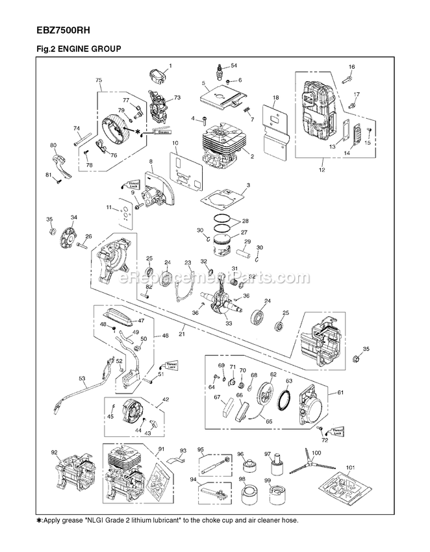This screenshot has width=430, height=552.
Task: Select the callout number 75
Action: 99,80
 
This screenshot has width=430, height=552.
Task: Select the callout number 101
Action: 351,466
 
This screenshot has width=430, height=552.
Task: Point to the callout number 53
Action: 82,377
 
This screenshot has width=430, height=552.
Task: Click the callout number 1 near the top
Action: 170,66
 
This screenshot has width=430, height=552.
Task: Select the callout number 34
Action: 74,217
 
